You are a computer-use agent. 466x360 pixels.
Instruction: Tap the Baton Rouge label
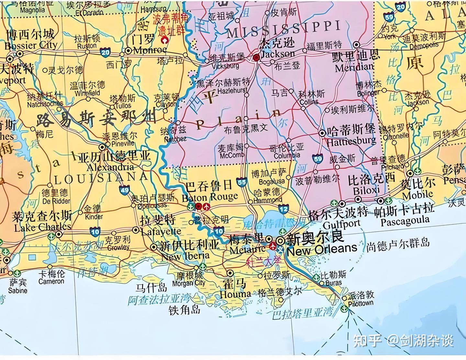tap(210, 197)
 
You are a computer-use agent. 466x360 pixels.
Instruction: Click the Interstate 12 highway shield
tap(283, 209)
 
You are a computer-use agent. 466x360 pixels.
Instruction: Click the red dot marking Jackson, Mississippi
tap(256, 58)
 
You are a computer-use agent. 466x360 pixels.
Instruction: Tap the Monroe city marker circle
tap(128, 51)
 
